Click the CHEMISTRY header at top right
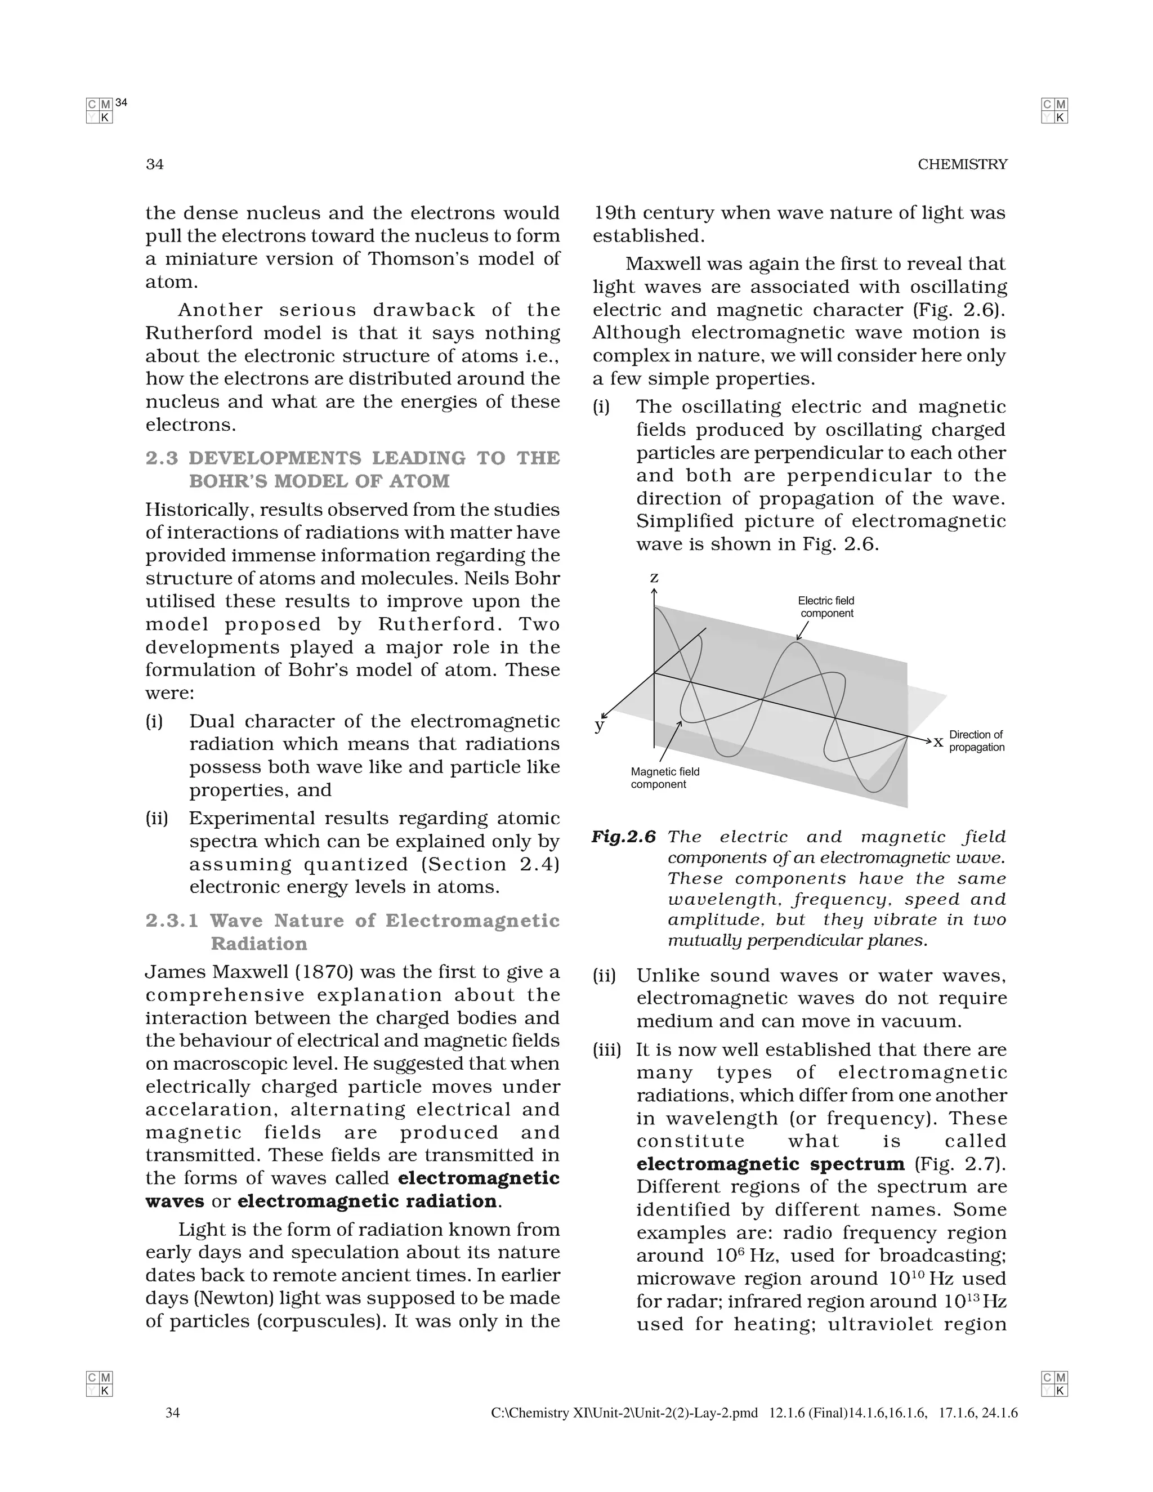click(x=962, y=164)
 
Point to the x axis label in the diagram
click(x=939, y=741)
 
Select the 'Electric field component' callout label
click(x=826, y=606)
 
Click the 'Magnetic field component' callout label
click(x=665, y=778)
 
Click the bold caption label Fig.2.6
click(x=623, y=837)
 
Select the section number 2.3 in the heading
click(x=161, y=458)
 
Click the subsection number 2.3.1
click(x=172, y=921)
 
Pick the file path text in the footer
click(x=624, y=1413)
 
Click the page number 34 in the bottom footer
click(x=173, y=1413)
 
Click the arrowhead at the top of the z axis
click(x=654, y=592)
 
